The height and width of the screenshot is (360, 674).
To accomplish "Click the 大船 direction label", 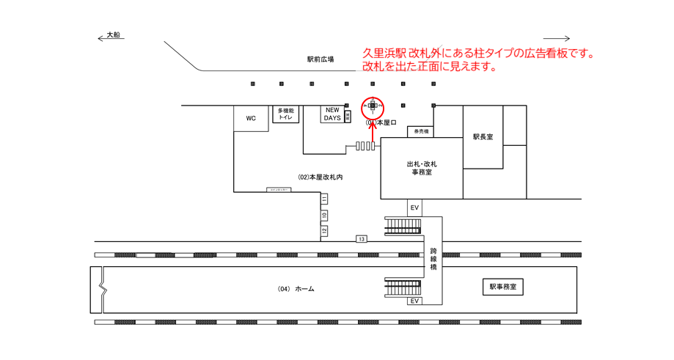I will point(113,34).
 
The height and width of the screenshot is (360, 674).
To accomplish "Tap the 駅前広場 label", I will point(320,59).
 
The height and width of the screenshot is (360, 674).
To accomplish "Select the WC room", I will point(251,118).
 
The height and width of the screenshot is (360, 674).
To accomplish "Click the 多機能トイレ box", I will point(286,114).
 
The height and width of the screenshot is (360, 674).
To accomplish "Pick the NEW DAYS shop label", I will point(332,114).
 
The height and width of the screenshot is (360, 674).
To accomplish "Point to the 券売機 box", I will point(420,132).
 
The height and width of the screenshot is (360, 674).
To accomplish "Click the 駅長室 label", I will point(483,137).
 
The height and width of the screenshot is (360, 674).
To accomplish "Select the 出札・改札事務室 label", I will point(421,168).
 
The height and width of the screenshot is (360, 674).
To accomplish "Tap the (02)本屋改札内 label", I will point(320,177).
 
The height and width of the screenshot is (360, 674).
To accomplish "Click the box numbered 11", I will point(323,199).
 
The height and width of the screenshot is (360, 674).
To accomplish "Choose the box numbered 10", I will point(323,216).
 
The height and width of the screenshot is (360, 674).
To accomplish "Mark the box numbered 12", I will point(323,231).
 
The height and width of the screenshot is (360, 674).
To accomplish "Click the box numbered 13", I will point(362,239).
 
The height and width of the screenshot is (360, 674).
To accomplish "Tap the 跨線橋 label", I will point(433,260).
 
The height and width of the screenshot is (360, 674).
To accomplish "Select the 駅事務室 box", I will point(502,287).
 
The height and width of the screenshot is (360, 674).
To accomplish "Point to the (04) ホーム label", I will point(296,289).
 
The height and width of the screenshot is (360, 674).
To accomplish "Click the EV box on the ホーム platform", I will point(414,301).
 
